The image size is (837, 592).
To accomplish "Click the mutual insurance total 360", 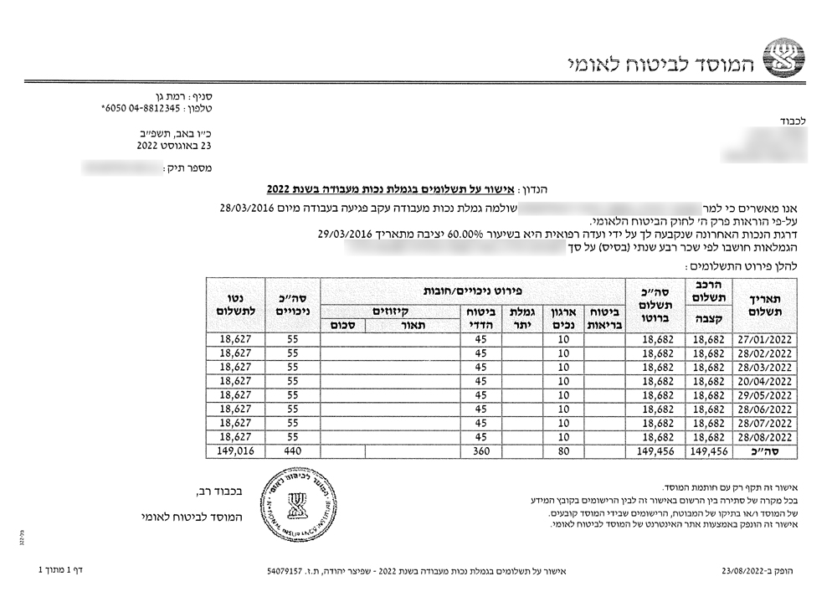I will pyautogui.click(x=480, y=450).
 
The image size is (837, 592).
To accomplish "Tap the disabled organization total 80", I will pyautogui.click(x=563, y=450).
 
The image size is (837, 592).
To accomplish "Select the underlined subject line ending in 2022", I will pyautogui.click(x=385, y=189).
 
